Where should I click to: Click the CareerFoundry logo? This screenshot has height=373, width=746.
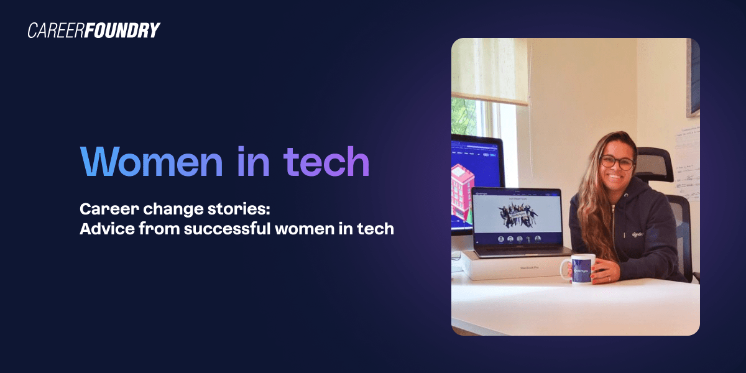[94, 30]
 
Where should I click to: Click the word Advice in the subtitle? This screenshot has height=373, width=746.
[103, 229]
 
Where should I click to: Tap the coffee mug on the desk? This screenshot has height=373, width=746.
[582, 269]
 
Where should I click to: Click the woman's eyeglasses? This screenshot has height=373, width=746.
[616, 162]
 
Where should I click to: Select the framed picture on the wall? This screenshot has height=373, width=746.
[693, 78]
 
